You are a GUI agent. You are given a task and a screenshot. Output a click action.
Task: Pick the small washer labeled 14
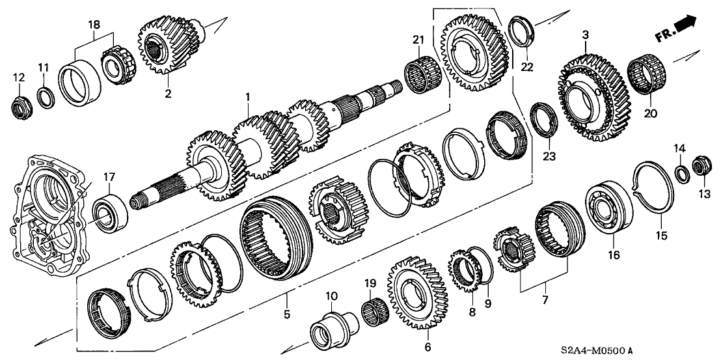pyautogui.click(x=682, y=173)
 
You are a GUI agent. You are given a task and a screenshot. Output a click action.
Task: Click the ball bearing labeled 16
pyautogui.click(x=609, y=208)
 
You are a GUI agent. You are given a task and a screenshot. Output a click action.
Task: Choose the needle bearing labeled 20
pyautogui.click(x=647, y=74)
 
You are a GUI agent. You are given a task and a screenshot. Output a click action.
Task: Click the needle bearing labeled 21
pyautogui.click(x=422, y=74)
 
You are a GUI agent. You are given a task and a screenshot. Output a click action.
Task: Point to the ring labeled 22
pyautogui.click(x=522, y=31)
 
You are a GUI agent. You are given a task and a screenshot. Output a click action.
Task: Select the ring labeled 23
pyautogui.click(x=544, y=120)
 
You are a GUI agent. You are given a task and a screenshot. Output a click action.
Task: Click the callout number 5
pyautogui.click(x=286, y=314)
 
